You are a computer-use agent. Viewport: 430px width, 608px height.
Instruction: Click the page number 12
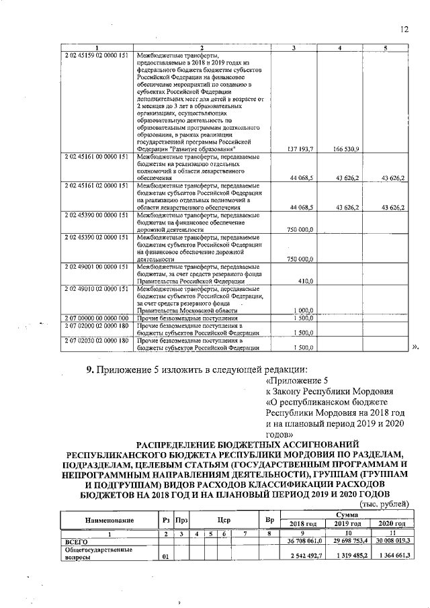point(404,28)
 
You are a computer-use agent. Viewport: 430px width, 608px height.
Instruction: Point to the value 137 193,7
point(300,148)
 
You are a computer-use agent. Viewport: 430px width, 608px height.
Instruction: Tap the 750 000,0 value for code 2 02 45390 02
point(300,259)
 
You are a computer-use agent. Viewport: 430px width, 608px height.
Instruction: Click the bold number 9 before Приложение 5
point(88,370)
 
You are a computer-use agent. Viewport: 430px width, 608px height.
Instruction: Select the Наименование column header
point(108,520)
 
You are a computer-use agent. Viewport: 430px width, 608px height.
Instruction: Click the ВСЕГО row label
point(76,540)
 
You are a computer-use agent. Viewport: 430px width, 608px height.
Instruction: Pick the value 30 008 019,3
point(390,540)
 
